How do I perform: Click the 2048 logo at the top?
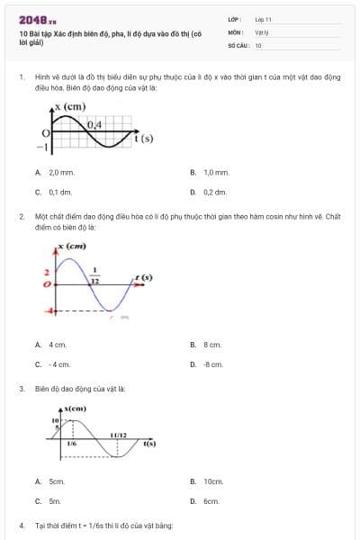pos(37,19)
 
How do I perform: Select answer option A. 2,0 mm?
pos(54,172)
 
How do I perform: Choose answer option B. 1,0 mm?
pos(211,172)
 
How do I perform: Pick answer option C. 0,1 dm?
pos(54,192)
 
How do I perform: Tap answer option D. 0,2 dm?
pos(211,192)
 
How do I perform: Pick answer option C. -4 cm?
pos(53,364)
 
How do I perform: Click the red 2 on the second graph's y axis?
pos(46,271)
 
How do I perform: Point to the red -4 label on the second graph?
pos(50,310)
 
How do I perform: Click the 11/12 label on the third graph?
pos(117,436)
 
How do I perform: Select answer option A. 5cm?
pos(51,481)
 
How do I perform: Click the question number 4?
pos(22,525)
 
